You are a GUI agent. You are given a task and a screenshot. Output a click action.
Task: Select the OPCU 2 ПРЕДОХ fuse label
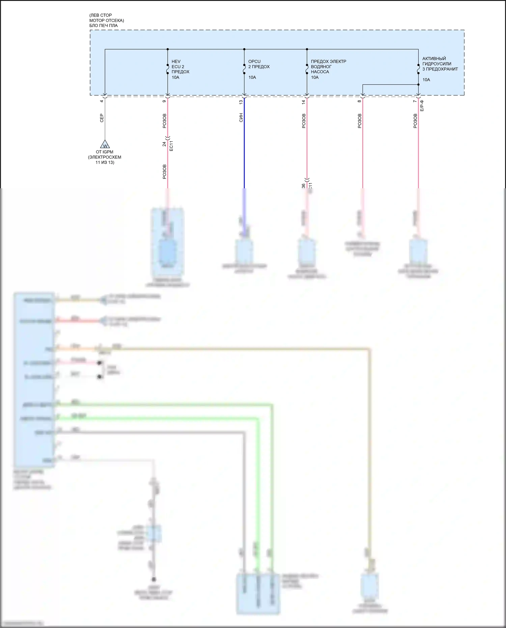[x=259, y=64]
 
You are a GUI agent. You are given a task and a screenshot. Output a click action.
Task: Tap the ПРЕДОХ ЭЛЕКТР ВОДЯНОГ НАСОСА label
[x=328, y=66]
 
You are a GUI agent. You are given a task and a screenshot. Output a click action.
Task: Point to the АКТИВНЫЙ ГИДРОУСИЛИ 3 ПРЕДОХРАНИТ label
[x=440, y=64]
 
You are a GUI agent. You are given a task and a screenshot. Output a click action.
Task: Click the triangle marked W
[x=105, y=145]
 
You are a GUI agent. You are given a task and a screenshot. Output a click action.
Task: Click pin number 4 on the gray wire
[x=102, y=101]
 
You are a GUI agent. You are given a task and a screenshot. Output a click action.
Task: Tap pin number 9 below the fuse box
[x=164, y=101]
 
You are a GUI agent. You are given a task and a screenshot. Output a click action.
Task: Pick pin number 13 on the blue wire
[x=241, y=102]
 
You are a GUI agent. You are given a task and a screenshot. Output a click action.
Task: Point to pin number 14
[x=304, y=102]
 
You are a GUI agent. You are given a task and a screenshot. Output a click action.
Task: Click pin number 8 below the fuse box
[x=359, y=101]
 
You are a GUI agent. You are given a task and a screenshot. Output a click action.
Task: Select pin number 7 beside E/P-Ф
[x=415, y=101]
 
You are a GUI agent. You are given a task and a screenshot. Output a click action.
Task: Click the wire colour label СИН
[x=241, y=118]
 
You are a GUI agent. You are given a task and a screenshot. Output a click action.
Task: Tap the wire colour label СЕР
[x=102, y=118]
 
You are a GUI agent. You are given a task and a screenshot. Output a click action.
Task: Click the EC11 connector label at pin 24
[x=171, y=146]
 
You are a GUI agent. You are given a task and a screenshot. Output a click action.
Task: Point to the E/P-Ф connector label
[x=422, y=106]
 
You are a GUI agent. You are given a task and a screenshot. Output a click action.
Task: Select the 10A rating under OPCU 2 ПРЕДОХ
[x=252, y=77]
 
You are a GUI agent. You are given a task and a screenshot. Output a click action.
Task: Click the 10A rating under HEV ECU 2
[x=175, y=77]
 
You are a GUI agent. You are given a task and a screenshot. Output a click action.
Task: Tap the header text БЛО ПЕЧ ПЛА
[x=104, y=25]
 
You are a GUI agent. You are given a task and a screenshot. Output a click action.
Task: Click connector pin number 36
[x=304, y=186]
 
